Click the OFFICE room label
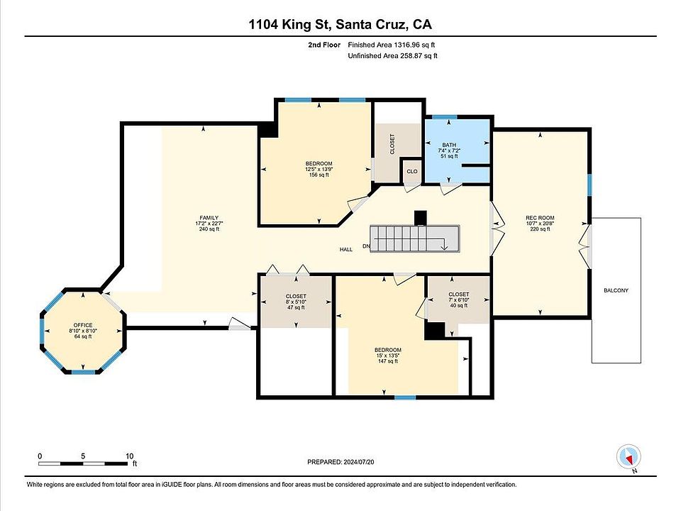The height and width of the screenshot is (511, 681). [82, 325]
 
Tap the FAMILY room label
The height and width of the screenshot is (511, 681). [209, 218]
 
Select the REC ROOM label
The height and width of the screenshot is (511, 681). [540, 218]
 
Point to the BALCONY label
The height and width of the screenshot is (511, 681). [616, 290]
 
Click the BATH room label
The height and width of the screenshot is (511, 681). [449, 145]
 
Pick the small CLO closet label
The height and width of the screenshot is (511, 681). [411, 171]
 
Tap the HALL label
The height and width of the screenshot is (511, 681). [346, 249]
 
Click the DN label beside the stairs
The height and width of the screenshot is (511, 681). [367, 246]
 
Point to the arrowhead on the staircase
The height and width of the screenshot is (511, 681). [444, 247]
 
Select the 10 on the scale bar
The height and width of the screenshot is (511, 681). [129, 456]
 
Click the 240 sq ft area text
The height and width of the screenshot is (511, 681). [209, 229]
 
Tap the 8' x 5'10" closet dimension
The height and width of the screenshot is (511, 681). [296, 302]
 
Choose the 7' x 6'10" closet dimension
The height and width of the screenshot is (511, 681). [459, 300]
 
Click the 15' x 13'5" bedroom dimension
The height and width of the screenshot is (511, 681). [388, 356]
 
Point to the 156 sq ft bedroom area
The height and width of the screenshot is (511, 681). [319, 175]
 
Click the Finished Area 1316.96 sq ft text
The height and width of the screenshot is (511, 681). [392, 44]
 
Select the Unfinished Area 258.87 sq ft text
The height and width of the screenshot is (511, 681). [392, 55]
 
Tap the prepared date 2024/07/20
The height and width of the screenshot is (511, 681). [358, 462]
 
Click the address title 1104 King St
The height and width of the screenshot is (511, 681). [290, 24]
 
